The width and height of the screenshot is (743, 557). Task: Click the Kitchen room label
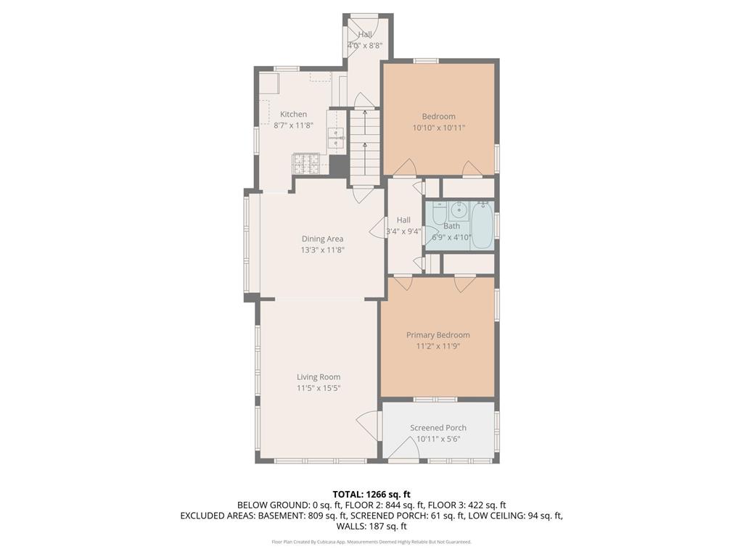point(293,114)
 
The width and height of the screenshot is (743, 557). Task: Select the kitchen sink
point(336,138)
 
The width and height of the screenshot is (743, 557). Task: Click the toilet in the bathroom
point(439,215)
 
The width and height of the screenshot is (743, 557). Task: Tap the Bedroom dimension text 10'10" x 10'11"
point(438,128)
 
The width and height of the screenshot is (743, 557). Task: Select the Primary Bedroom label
point(438,335)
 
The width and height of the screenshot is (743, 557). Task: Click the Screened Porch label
point(438,428)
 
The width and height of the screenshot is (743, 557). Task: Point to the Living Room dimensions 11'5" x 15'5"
point(318,388)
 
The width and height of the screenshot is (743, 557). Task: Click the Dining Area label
point(322,239)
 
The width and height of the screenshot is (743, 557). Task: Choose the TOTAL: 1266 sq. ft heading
point(371,494)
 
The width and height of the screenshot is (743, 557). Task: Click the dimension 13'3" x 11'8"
point(322,249)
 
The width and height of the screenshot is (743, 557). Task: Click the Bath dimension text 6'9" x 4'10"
point(451,237)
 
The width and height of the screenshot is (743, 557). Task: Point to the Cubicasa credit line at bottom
point(371,542)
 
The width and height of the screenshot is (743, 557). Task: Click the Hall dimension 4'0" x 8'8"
point(364,45)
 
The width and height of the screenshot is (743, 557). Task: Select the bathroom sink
point(458,212)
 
